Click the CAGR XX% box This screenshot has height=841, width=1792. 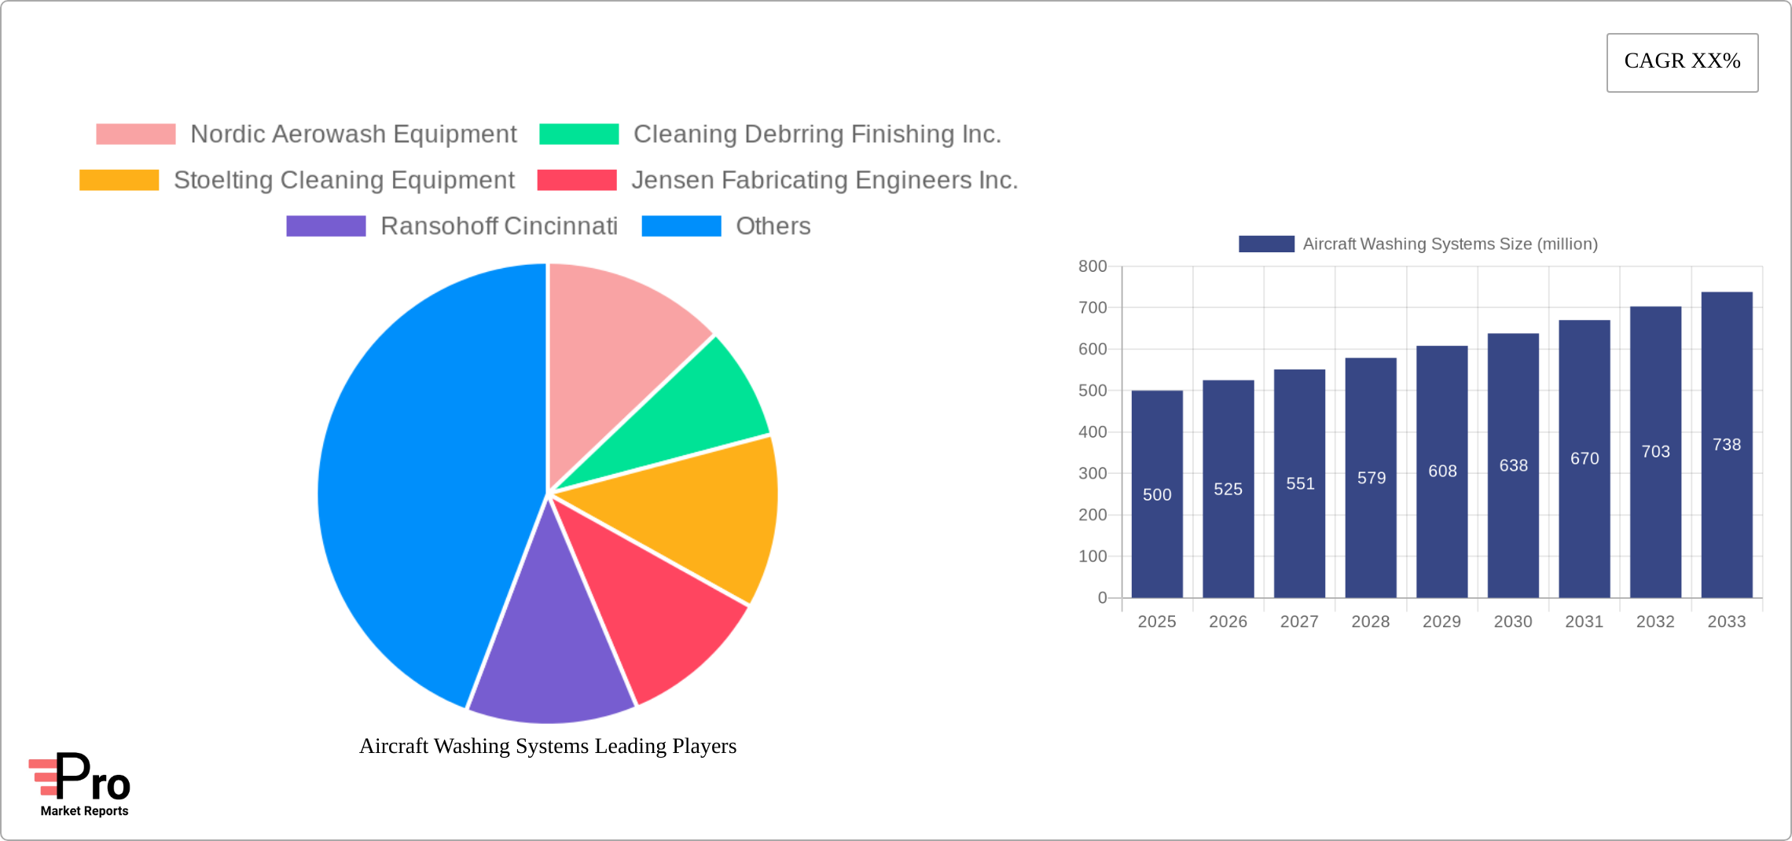coord(1682,62)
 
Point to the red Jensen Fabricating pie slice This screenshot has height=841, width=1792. coord(652,613)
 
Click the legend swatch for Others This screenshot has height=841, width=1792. coord(681,226)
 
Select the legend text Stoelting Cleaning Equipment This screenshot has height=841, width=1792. coord(343,180)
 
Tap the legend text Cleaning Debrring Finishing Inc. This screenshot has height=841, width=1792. coord(817,134)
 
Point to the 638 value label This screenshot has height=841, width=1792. coord(1513,465)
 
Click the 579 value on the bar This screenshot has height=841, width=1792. coord(1371,478)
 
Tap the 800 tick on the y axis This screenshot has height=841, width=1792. coord(1092,266)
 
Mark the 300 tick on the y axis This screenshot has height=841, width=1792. coord(1092,473)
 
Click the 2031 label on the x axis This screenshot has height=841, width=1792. coord(1584,622)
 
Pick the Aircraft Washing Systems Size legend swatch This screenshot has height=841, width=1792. coord(1266,244)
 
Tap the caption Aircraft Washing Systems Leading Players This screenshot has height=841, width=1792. coord(548,746)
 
